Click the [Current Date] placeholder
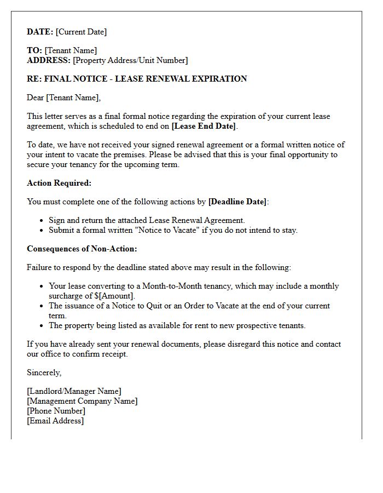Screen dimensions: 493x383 pyautogui.click(x=81, y=32)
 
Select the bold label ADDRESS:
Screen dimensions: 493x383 pyautogui.click(x=49, y=60)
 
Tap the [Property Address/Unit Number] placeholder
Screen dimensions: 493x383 pyautogui.click(x=130, y=60)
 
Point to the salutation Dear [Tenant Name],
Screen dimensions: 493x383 pyautogui.click(x=64, y=98)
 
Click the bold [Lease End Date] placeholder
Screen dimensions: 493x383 pyautogui.click(x=204, y=126)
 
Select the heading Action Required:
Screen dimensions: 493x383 pyautogui.click(x=59, y=183)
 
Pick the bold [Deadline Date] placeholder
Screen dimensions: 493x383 pyautogui.click(x=237, y=202)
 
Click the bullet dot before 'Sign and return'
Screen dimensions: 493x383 pyautogui.click(x=42, y=221)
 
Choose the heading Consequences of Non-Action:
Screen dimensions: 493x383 pyautogui.click(x=82, y=249)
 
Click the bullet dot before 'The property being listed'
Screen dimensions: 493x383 pyautogui.click(x=42, y=326)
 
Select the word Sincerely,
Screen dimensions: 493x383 pyautogui.click(x=44, y=372)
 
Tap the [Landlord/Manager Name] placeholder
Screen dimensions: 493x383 pyautogui.click(x=74, y=391)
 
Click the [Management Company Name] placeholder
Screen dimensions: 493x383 pyautogui.click(x=82, y=401)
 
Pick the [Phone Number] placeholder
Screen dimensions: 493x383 pyautogui.click(x=56, y=411)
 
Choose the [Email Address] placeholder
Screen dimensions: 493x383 pyautogui.click(x=55, y=421)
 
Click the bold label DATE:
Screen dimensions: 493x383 pyautogui.click(x=40, y=32)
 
